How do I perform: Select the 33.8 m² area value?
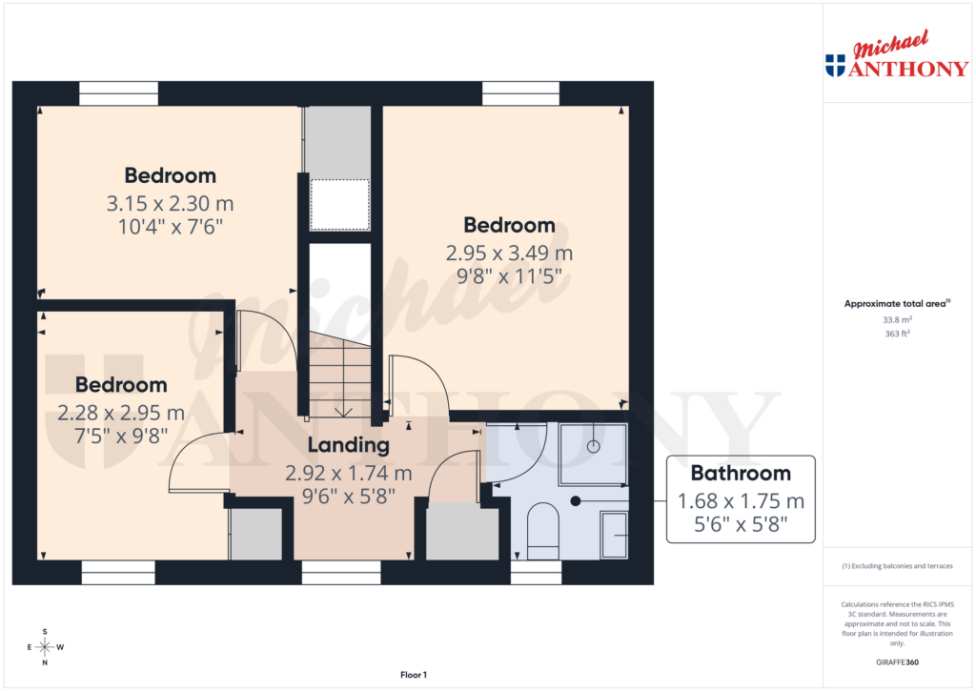898,320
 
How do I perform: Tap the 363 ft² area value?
898,334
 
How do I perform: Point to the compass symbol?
44,646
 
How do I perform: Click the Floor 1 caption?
414,675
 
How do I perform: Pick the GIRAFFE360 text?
898,662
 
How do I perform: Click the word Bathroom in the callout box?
741,473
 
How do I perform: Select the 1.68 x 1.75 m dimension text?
741,500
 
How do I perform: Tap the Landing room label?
348,445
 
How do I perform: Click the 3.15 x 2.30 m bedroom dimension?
170,203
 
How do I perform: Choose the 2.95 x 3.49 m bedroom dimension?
509,254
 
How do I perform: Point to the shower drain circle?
592,445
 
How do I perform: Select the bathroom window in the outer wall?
536,572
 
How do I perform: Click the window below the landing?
341,572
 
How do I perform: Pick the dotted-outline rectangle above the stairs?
340,204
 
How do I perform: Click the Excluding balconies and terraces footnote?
898,566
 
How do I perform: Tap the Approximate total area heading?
896,304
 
